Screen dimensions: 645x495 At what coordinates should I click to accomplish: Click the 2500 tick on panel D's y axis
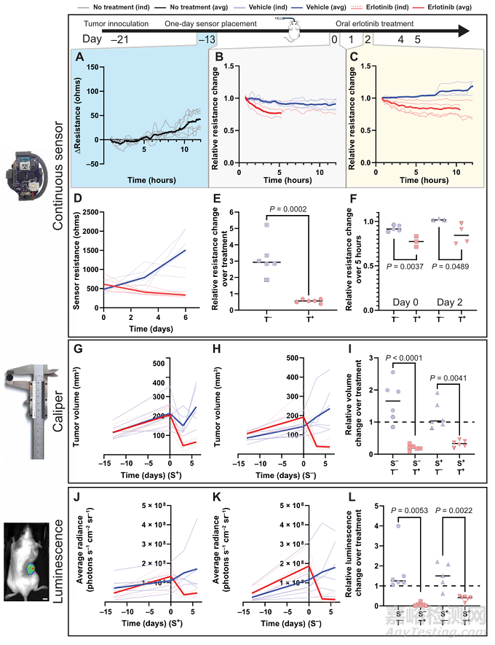[90, 212]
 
